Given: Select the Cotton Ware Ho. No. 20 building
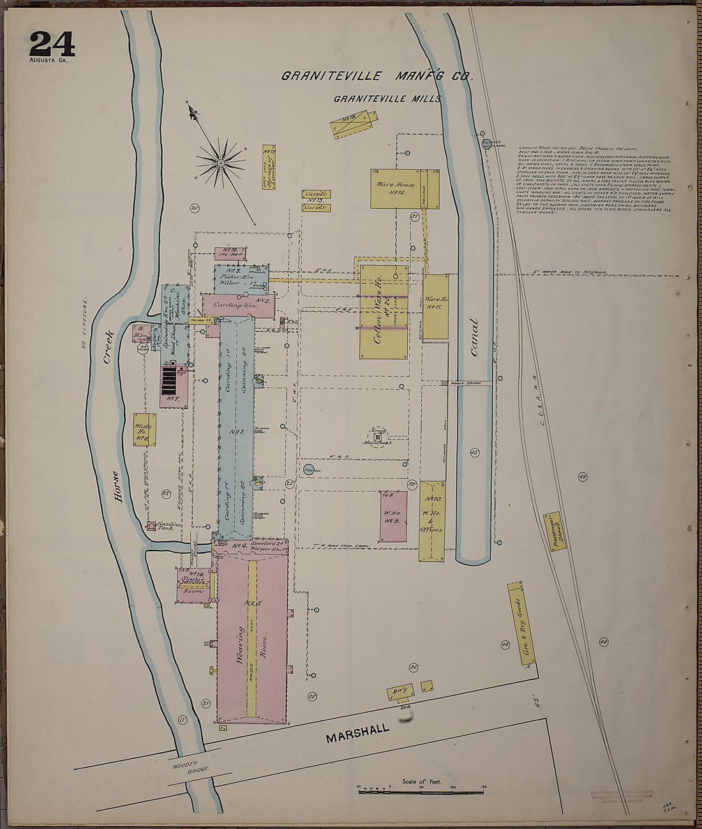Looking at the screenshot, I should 384,312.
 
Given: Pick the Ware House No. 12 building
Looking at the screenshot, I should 404,189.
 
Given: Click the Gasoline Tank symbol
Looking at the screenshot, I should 152,526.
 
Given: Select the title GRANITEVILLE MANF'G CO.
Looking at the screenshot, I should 376,77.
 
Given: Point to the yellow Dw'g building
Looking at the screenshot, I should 401,691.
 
